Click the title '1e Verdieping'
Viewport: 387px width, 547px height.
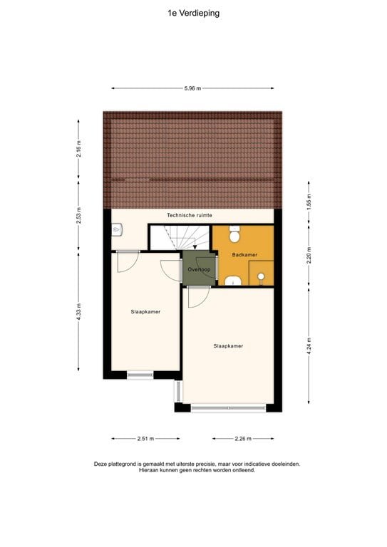click(x=193, y=12)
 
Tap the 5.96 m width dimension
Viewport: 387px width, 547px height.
click(x=192, y=88)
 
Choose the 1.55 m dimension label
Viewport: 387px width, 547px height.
click(x=309, y=201)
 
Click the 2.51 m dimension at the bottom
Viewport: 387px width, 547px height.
click(x=145, y=439)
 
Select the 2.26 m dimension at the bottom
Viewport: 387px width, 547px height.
click(x=242, y=439)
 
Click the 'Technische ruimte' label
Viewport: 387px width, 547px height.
click(x=190, y=215)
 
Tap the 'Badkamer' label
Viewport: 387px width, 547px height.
click(x=244, y=254)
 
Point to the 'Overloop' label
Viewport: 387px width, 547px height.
click(x=197, y=269)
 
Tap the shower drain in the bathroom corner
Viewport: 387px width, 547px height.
click(x=262, y=276)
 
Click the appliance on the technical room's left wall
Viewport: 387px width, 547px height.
click(x=118, y=229)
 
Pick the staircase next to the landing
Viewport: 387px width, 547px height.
click(x=178, y=236)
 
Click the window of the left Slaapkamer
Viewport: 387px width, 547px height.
click(x=140, y=374)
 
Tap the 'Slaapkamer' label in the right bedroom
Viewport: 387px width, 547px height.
click(x=228, y=346)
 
